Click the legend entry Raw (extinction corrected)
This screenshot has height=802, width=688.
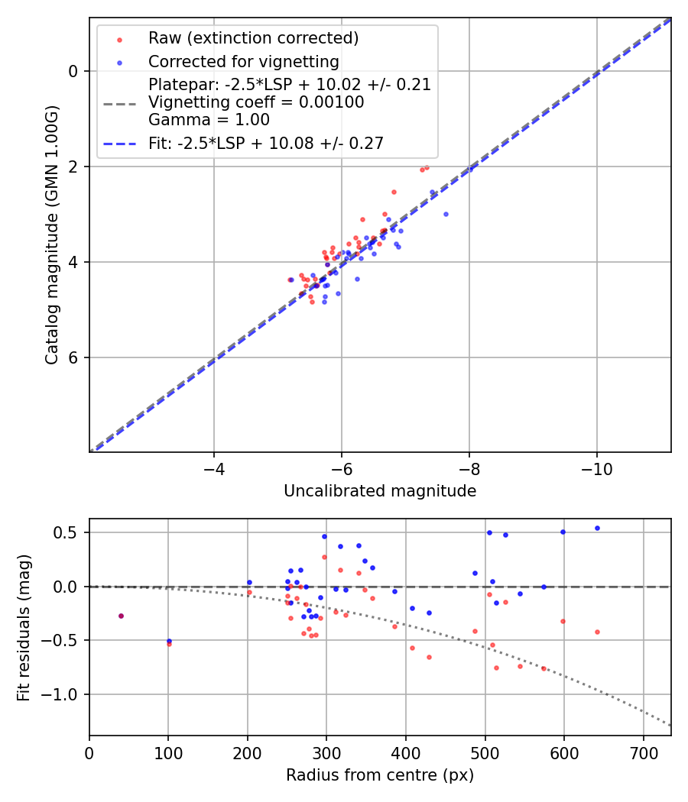point(253,38)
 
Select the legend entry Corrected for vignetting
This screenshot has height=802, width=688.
point(243,61)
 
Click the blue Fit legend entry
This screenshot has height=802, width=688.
point(266,143)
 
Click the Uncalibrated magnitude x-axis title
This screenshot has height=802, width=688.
point(380,491)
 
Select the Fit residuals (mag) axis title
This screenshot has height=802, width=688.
point(24,627)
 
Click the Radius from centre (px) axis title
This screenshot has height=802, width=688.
point(380,775)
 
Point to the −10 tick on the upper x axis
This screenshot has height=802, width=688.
point(596,467)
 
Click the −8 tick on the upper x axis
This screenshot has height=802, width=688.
point(469,467)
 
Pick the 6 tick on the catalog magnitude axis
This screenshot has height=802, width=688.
point(73,357)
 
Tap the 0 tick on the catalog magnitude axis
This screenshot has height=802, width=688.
point(73,71)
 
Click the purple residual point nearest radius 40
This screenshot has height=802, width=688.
point(121,616)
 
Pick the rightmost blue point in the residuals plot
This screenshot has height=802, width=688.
point(597,528)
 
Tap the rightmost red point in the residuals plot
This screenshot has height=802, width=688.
point(597,632)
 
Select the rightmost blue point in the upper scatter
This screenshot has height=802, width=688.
point(446,214)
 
